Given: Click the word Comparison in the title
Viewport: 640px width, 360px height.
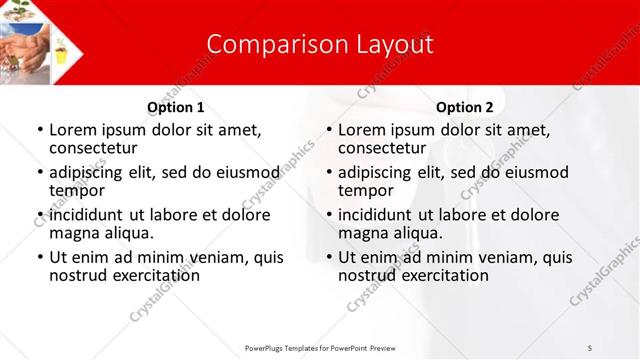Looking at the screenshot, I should point(265,45).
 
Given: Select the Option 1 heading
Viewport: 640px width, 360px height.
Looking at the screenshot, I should point(176,107).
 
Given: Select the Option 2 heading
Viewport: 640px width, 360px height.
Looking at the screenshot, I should point(465,107).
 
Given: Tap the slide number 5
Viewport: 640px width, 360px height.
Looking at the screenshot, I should point(590,347).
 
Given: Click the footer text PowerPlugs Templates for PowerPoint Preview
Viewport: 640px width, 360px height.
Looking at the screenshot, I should point(320,347).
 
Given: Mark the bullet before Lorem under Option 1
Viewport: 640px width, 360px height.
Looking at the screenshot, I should point(39,130).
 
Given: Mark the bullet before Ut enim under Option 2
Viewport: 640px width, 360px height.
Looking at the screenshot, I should point(328,257).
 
